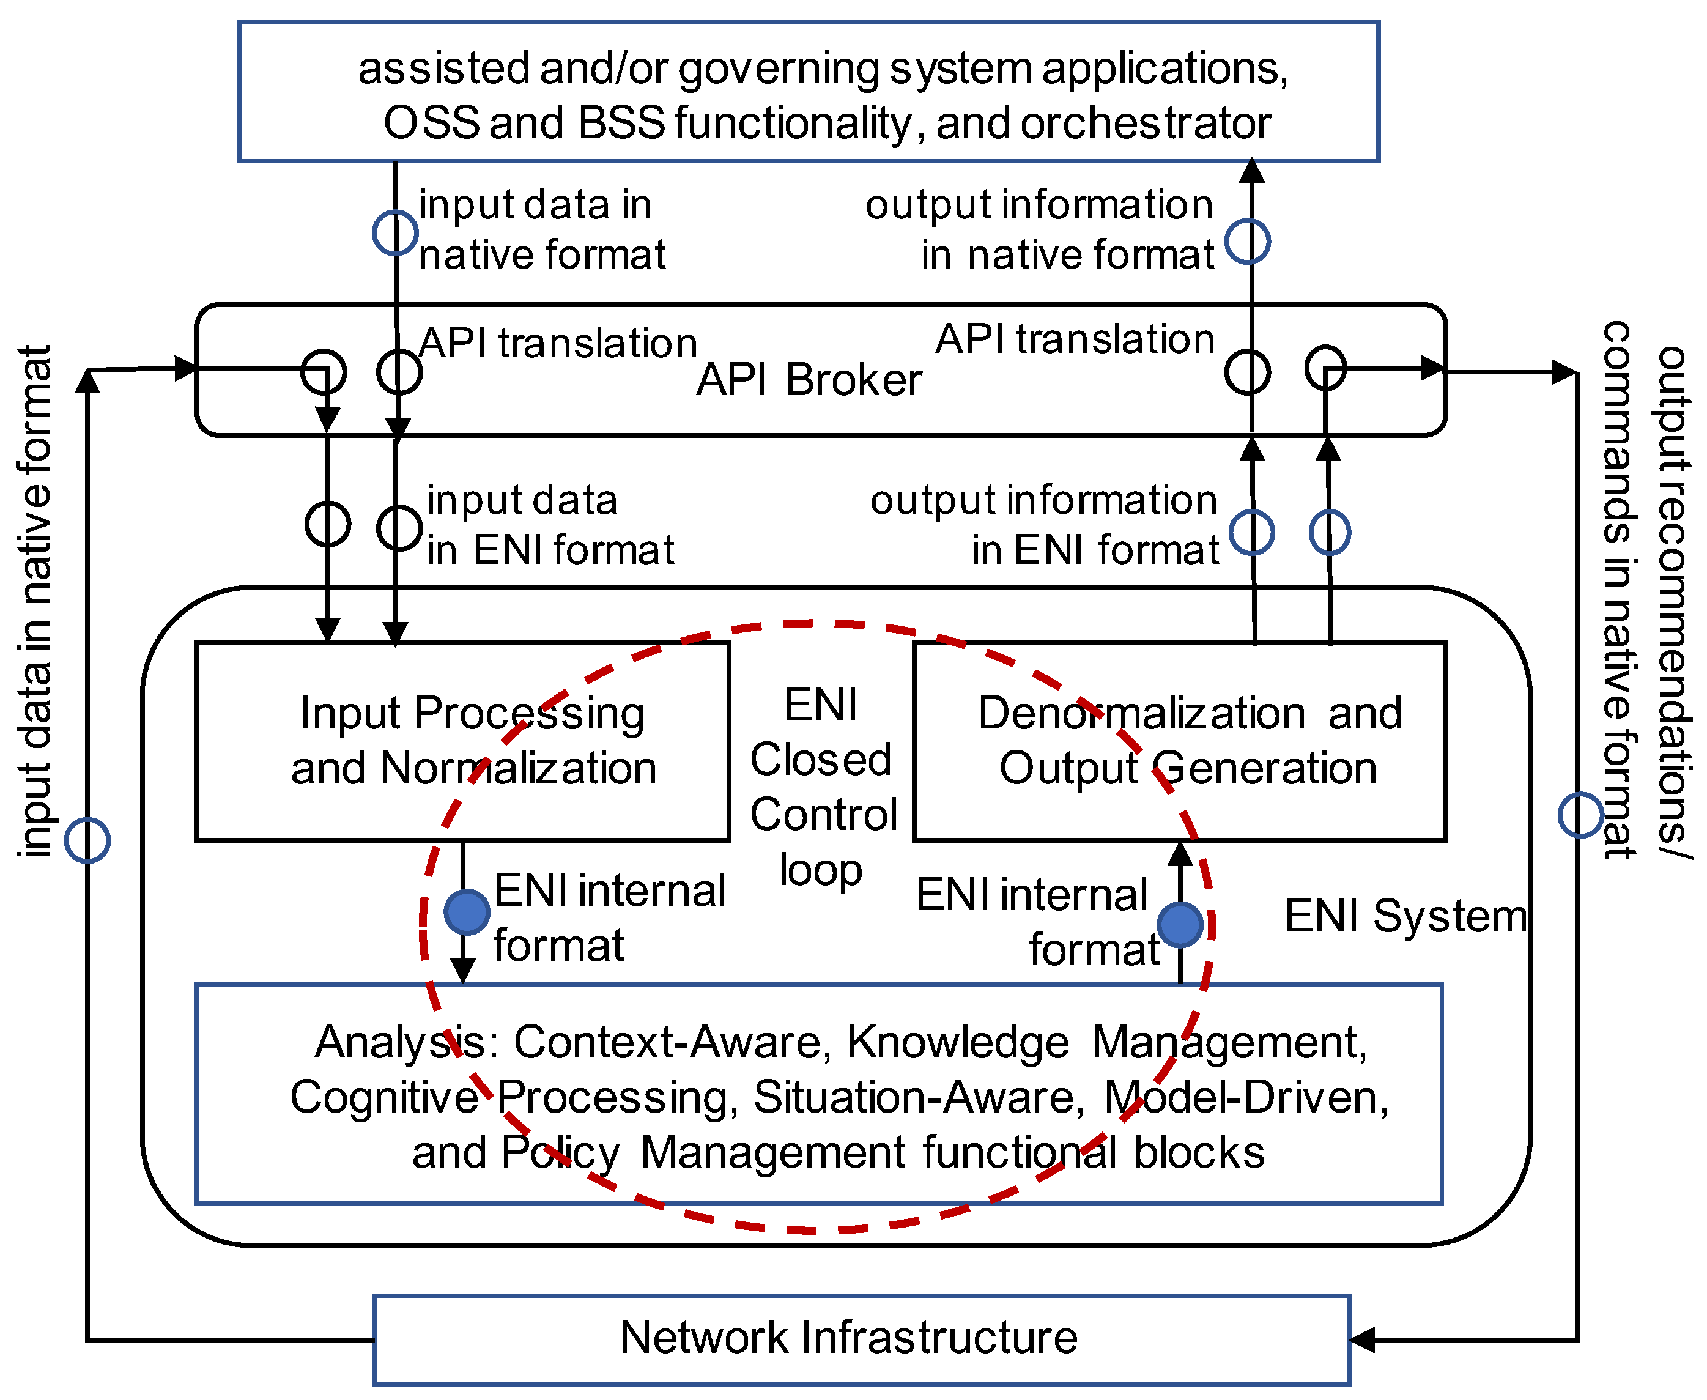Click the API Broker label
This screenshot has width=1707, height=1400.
(808, 380)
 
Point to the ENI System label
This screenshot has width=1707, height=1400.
(1405, 916)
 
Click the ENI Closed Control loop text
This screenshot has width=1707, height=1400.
(821, 787)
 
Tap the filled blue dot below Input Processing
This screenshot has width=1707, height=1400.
(467, 912)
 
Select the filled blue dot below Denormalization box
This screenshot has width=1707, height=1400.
(1180, 924)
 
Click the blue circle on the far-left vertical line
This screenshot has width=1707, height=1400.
(87, 840)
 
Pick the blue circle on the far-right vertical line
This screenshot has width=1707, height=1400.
(1580, 815)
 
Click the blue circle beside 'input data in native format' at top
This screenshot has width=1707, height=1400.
(395, 233)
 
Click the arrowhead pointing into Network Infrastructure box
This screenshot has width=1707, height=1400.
(1361, 1339)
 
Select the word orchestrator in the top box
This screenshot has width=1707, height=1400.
(1145, 124)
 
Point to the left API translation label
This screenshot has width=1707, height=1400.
(558, 344)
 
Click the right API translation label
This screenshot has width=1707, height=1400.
(1074, 339)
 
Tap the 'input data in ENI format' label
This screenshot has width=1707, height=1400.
(550, 525)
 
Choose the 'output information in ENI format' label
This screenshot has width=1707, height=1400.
(1044, 525)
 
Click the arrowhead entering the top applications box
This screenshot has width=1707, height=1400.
(1251, 171)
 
